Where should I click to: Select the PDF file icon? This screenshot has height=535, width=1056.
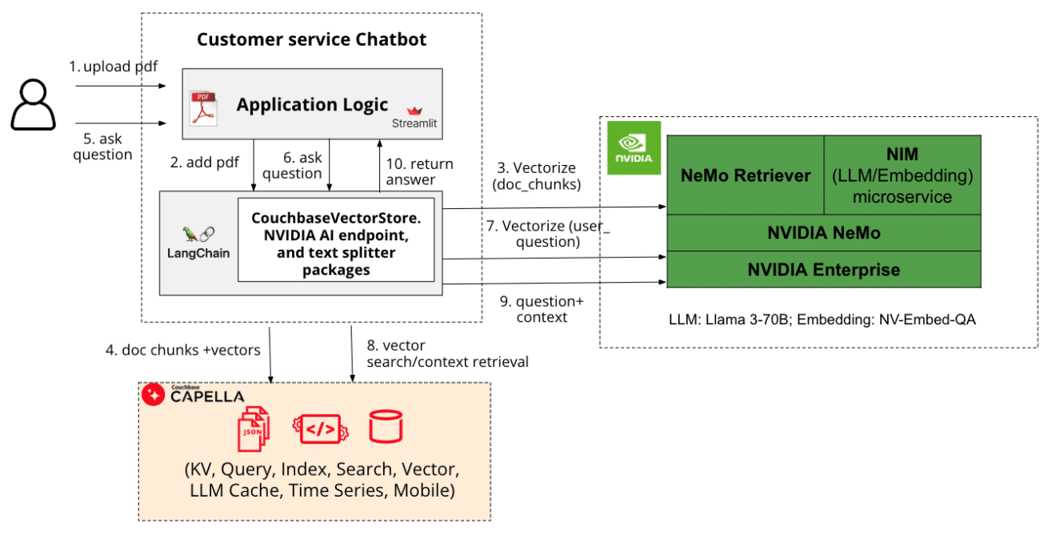tap(203, 109)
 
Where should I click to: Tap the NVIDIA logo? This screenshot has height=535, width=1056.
tap(633, 147)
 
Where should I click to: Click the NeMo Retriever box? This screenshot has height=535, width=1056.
tap(745, 175)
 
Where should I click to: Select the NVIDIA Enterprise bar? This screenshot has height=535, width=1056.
tap(823, 270)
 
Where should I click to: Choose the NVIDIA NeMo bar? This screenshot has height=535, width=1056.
tap(823, 233)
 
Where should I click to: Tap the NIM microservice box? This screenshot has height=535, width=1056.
tap(902, 175)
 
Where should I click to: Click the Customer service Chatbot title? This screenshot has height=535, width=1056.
tap(312, 39)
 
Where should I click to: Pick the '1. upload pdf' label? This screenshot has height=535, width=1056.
tap(113, 66)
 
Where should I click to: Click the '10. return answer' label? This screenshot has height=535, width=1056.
tap(419, 171)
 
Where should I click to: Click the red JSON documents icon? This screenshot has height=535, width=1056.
tap(254, 429)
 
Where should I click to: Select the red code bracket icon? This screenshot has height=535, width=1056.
tap(320, 429)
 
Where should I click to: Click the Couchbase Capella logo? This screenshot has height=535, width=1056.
tap(193, 395)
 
